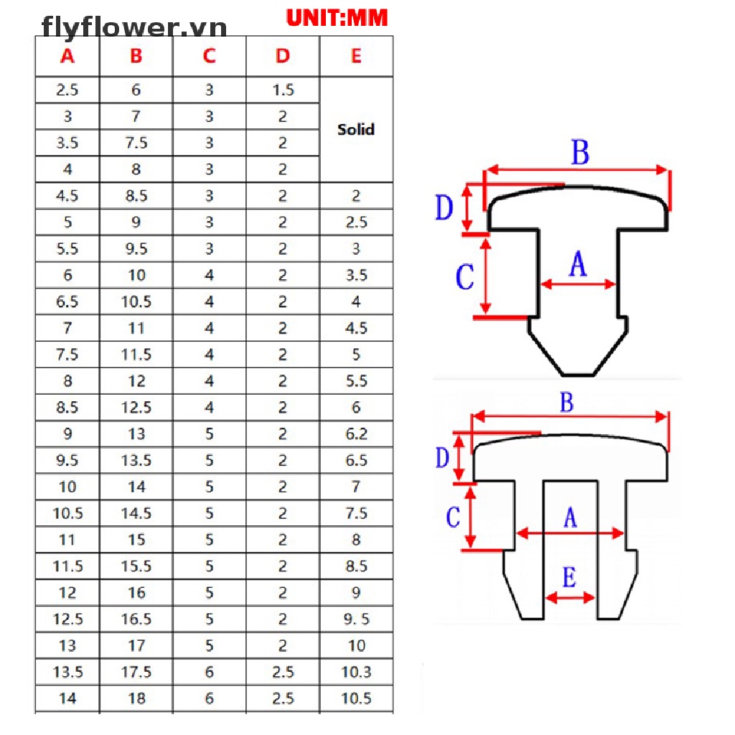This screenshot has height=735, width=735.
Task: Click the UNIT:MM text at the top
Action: tap(337, 18)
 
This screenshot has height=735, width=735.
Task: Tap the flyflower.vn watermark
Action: tap(134, 27)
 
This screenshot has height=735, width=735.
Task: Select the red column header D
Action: tap(283, 56)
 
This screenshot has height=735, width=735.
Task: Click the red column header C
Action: tap(209, 56)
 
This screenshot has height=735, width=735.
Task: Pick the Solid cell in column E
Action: tap(356, 130)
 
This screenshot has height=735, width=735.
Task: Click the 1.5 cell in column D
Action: tap(283, 90)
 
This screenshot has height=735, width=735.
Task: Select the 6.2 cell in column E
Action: tap(356, 434)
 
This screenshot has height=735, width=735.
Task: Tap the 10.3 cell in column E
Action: tap(356, 673)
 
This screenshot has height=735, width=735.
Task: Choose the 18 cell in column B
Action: tap(136, 698)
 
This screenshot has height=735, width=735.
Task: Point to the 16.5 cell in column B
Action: tap(136, 619)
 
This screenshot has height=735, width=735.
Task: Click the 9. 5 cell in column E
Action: tap(356, 619)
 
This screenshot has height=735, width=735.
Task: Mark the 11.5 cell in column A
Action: tap(67, 566)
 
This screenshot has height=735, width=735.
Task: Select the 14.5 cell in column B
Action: tap(136, 513)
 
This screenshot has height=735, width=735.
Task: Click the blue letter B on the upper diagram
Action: tap(580, 153)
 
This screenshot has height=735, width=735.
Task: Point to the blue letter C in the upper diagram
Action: tap(465, 277)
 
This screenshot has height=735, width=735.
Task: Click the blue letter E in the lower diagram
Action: tap(569, 578)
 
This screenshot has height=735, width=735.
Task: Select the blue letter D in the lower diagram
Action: tap(443, 457)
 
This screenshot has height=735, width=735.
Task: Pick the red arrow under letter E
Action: tap(570, 598)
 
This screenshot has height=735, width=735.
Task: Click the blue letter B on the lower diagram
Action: tap(567, 403)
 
